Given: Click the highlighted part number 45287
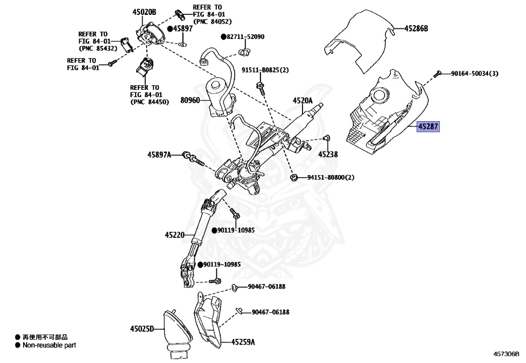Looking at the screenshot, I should click(428, 126).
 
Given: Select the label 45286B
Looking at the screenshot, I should click(416, 28).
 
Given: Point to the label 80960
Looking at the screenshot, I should click(190, 101).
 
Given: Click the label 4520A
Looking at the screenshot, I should click(303, 101).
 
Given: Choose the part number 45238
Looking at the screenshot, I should click(328, 154).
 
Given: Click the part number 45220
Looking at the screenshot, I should click(175, 235).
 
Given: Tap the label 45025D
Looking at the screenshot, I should click(142, 328).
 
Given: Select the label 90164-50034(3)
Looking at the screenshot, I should click(475, 73).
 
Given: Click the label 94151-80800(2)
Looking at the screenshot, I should click(331, 178).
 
